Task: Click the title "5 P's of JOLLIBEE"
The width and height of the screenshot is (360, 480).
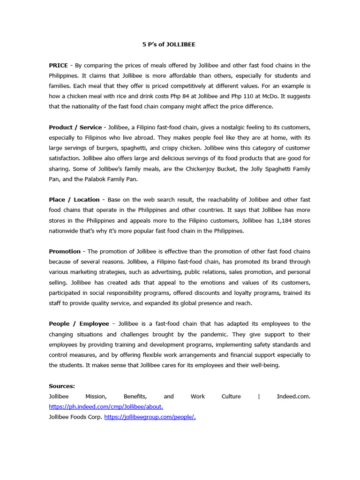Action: coord(169,45)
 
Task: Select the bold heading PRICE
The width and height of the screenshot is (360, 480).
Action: coord(58,66)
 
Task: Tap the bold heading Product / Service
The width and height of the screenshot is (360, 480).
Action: coord(75,127)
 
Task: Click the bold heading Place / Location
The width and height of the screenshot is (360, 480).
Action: coord(74,200)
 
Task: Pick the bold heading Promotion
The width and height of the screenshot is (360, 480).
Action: coord(65,252)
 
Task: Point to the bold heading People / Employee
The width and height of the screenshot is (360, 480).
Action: coord(79,324)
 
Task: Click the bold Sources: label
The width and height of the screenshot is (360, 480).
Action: coord(62,386)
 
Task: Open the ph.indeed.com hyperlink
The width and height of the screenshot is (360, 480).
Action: coord(106,407)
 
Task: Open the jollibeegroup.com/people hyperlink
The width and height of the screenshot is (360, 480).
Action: coord(150,417)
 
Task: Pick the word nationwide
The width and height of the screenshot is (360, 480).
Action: coord(64,231)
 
